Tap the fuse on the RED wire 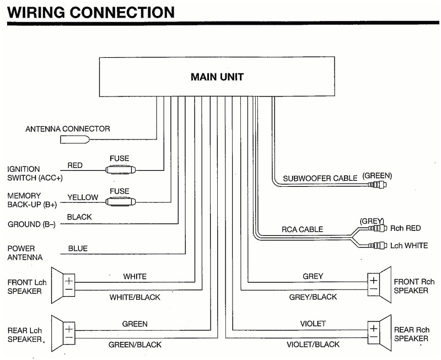[119, 170]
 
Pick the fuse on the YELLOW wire [119, 201]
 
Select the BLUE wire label [78, 249]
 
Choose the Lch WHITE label [408, 245]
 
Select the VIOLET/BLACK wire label [313, 345]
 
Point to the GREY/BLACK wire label [313, 297]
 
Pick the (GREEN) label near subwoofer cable [377, 176]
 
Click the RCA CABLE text [303, 229]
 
